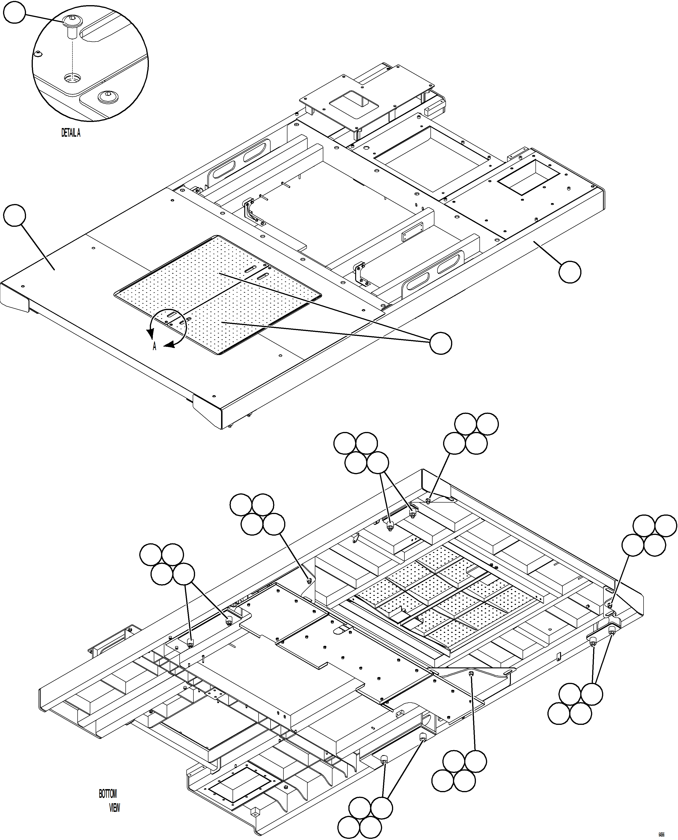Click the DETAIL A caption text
click(71, 133)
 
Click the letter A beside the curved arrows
click(154, 346)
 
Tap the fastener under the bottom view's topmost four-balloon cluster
click(428, 501)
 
